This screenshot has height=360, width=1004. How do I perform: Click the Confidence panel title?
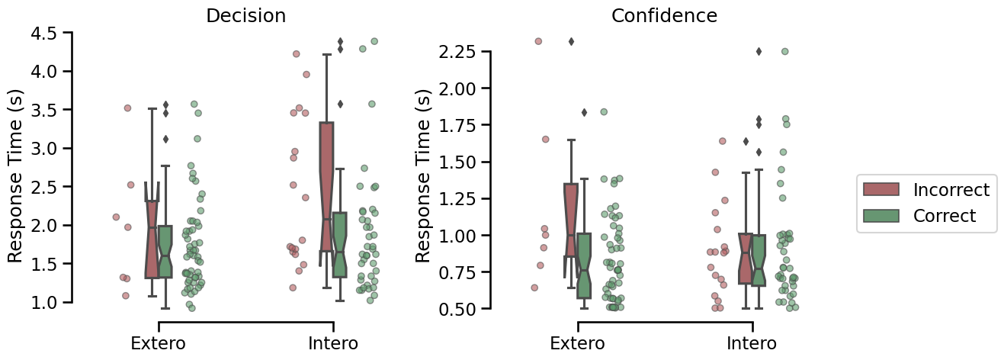pyautogui.click(x=664, y=16)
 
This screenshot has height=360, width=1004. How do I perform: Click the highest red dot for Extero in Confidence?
pyautogui.click(x=538, y=41)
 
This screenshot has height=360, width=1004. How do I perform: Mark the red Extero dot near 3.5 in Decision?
pyautogui.click(x=127, y=108)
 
